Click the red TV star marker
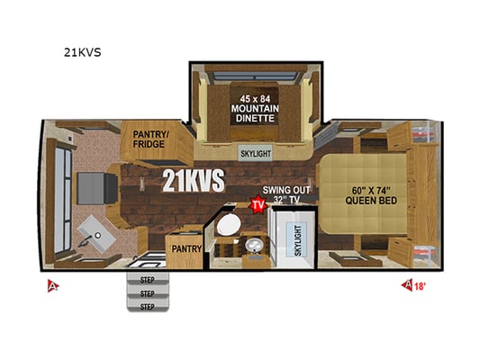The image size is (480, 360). click(258, 205)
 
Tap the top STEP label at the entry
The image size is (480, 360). click(148, 280)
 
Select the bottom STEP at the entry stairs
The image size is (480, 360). click(148, 307)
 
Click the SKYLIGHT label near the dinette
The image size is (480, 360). click(256, 154)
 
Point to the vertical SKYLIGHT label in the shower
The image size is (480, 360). click(298, 240)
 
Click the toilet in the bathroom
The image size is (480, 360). click(229, 224)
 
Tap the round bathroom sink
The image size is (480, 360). click(254, 246)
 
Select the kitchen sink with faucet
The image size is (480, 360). click(95, 234)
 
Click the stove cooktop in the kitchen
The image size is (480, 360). click(97, 188)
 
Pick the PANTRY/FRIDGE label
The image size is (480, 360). click(151, 139)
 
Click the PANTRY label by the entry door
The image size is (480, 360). click(186, 249)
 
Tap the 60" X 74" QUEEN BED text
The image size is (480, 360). click(371, 195)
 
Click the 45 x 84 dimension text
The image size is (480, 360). click(255, 99)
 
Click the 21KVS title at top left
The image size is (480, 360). click(82, 52)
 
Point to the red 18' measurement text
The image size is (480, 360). click(420, 286)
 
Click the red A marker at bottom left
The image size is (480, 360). click(53, 286)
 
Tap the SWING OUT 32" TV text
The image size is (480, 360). click(286, 194)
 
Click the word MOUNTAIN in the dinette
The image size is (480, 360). click(255, 109)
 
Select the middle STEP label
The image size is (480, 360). click(148, 293)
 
